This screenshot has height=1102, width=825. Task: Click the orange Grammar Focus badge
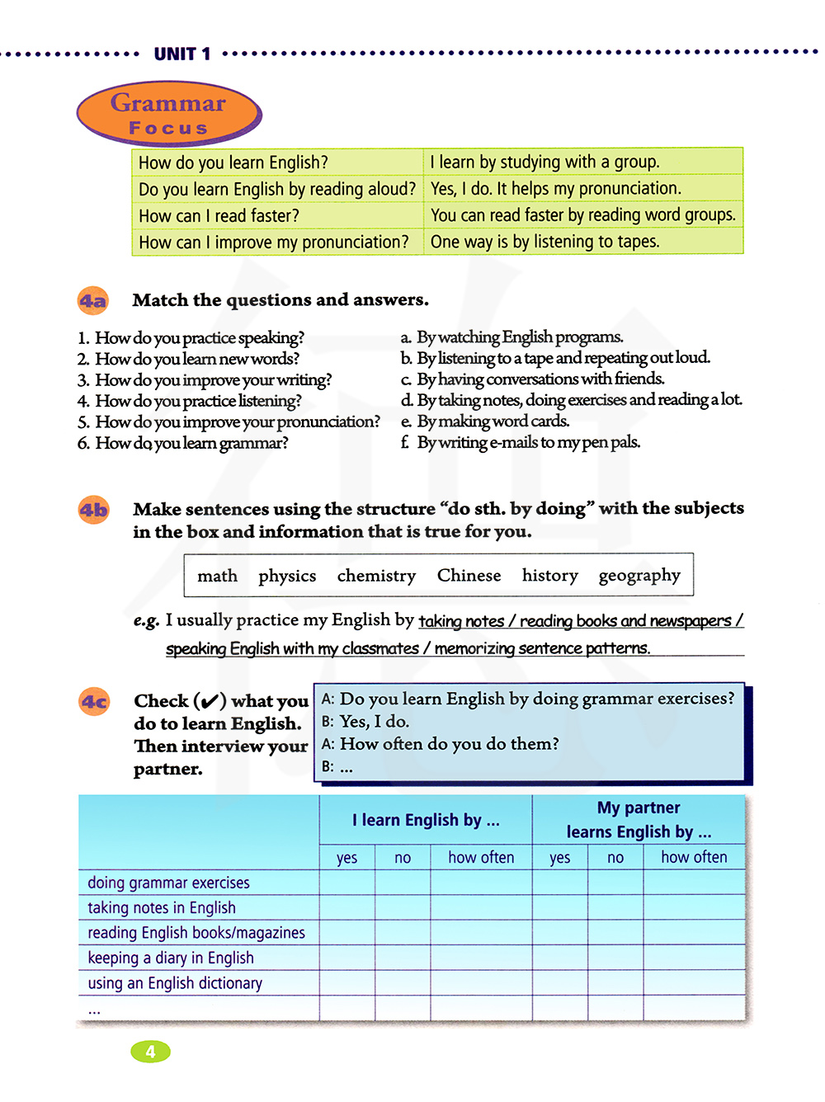click(169, 114)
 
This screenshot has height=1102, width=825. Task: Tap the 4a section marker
click(93, 300)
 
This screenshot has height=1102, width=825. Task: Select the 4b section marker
click(93, 510)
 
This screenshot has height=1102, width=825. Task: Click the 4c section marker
click(93, 702)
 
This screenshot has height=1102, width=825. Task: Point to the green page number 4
click(150, 1052)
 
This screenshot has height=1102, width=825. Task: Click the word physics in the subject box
click(287, 576)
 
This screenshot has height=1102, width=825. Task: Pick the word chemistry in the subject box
click(376, 576)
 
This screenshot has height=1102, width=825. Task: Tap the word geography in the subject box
click(639, 576)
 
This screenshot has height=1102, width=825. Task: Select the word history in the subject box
click(549, 576)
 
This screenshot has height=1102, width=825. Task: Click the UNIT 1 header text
click(182, 54)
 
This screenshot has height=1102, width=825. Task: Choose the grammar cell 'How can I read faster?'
click(219, 216)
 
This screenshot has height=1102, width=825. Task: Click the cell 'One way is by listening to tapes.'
click(544, 242)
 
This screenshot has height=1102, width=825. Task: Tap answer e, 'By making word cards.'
click(493, 421)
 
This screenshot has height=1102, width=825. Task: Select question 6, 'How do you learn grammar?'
click(191, 443)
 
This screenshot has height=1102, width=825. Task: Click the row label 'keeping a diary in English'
click(171, 958)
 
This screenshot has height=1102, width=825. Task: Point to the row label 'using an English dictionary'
click(175, 983)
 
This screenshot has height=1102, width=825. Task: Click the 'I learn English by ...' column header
click(426, 820)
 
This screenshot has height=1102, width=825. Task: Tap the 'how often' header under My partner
click(694, 858)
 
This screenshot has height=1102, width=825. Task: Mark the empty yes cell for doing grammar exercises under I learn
click(347, 883)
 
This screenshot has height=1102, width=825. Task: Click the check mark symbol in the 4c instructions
click(210, 702)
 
